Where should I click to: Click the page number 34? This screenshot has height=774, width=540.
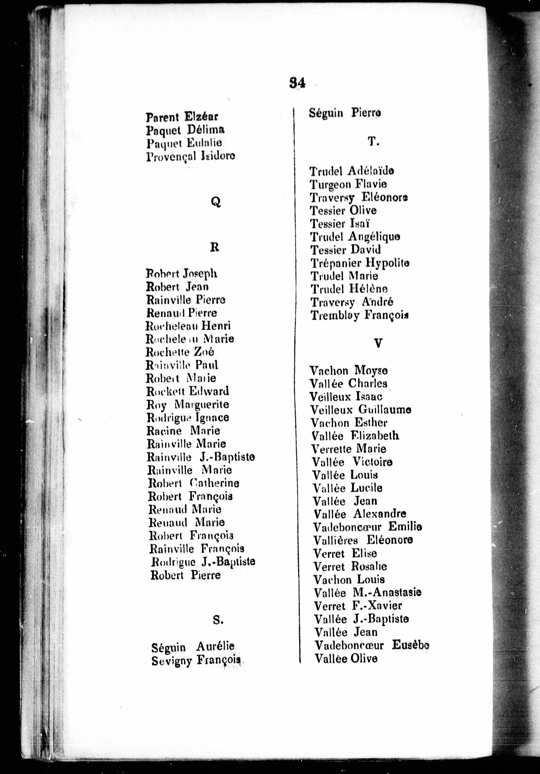pyautogui.click(x=297, y=83)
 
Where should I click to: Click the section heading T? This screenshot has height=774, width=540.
pyautogui.click(x=373, y=142)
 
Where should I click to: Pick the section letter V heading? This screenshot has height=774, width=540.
pyautogui.click(x=378, y=343)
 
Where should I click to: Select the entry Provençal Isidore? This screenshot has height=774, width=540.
pyautogui.click(x=190, y=156)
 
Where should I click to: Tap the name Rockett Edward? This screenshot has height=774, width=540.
pyautogui.click(x=188, y=391)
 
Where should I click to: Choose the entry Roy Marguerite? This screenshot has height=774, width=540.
pyautogui.click(x=188, y=404)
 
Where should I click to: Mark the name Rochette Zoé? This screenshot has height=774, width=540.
pyautogui.click(x=180, y=352)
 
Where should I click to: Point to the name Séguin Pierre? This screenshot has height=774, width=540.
pyautogui.click(x=345, y=113)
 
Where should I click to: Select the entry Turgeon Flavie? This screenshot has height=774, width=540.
pyautogui.click(x=348, y=184)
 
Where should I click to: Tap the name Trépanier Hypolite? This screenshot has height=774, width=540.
pyautogui.click(x=360, y=263)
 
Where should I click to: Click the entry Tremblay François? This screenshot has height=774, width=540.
pyautogui.click(x=360, y=315)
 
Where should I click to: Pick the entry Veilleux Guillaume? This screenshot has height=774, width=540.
pyautogui.click(x=360, y=410)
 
